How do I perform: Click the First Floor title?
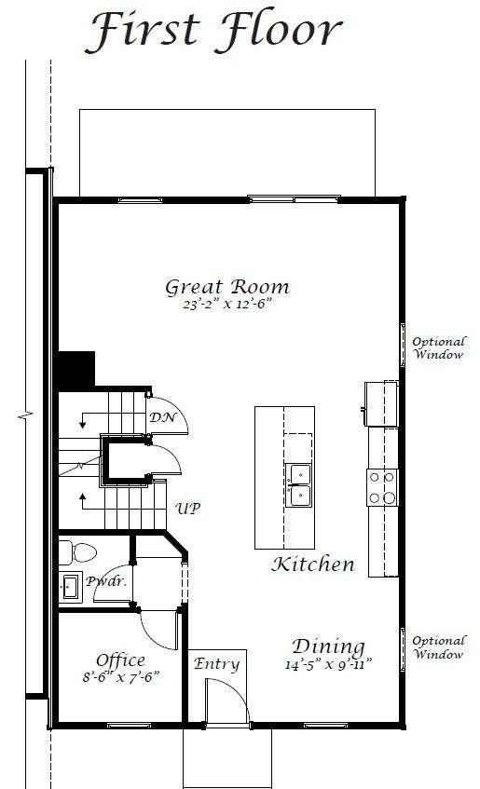[213, 31]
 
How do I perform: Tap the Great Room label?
[227, 286]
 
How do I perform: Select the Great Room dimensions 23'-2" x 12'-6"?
[227, 304]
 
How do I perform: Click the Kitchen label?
[313, 564]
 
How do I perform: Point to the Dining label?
[328, 646]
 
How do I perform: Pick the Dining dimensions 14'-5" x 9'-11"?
[328, 665]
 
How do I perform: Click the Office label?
[120, 660]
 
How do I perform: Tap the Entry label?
[216, 664]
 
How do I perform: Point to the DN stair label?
[160, 417]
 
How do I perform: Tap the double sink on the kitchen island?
[299, 485]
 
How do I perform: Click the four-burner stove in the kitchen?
[381, 485]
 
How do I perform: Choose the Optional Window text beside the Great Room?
[438, 348]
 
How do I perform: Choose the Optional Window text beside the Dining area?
[438, 647]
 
